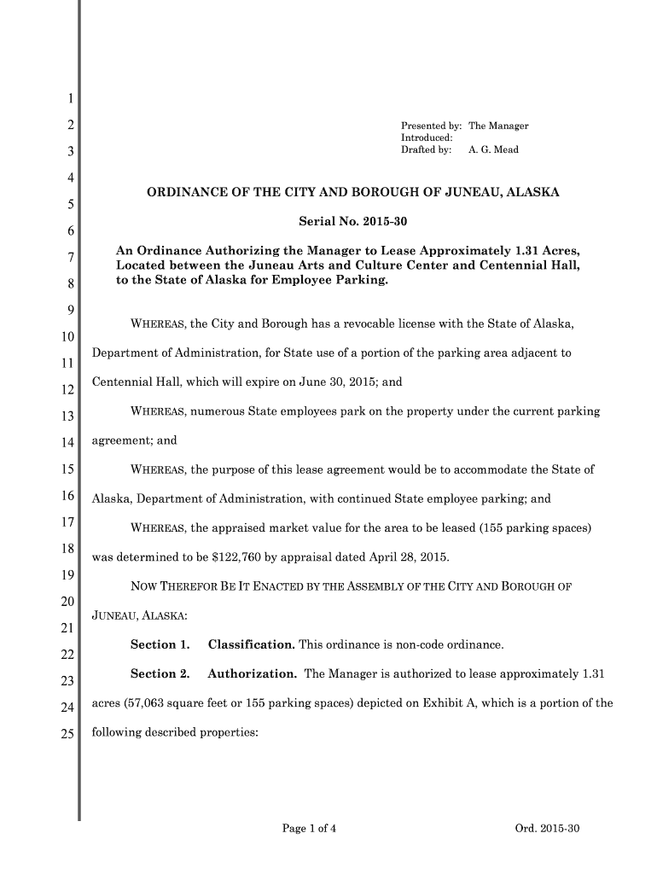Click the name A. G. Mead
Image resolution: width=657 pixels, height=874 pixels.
(x=493, y=149)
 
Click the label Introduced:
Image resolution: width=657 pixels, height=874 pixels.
(x=427, y=137)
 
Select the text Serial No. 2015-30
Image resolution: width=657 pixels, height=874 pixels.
(x=353, y=222)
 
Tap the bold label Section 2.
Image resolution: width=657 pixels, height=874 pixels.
(x=159, y=674)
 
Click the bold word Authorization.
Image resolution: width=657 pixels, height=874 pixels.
(x=252, y=674)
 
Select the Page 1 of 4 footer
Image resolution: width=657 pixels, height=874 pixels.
(x=309, y=828)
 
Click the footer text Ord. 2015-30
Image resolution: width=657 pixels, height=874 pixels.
(x=548, y=828)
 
